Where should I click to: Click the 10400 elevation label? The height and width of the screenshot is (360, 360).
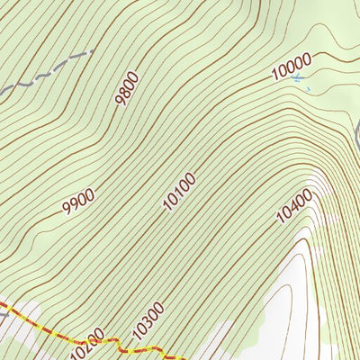294,205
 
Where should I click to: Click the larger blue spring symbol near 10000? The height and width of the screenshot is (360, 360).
298,79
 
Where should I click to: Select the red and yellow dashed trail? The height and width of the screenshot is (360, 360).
36,325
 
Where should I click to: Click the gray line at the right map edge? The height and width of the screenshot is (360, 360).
356,135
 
